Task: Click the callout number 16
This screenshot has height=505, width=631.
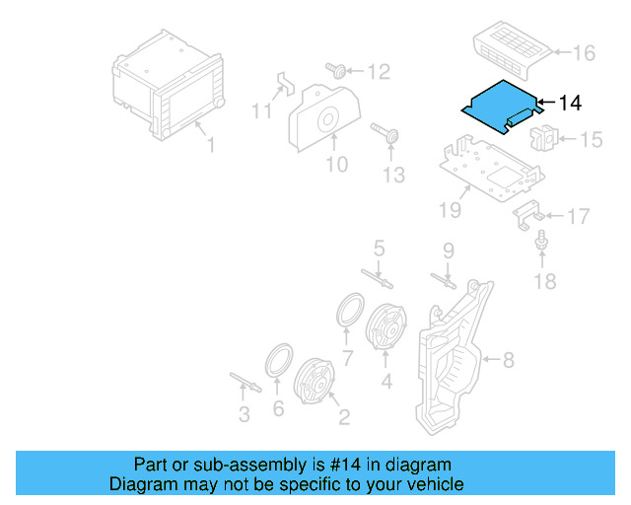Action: coord(585,52)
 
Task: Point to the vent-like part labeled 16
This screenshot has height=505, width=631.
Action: coord(512,46)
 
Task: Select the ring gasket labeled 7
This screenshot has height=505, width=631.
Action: coord(348,309)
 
